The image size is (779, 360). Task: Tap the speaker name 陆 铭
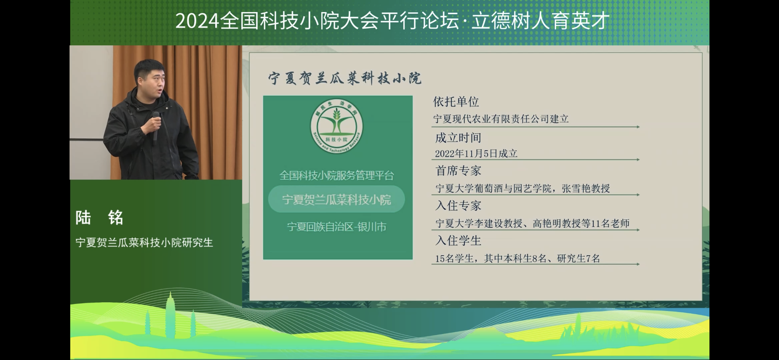click(99, 217)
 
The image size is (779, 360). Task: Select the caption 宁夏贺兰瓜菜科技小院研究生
click(144, 243)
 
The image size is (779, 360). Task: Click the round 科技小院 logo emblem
click(337, 126)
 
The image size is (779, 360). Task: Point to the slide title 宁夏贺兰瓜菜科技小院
click(345, 78)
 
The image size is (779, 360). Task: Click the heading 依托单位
click(456, 102)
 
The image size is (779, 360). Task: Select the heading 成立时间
click(458, 138)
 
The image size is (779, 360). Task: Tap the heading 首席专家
click(458, 171)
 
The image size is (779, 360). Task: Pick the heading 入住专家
click(458, 206)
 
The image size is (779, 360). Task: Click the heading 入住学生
click(458, 241)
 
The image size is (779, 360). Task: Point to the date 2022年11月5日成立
click(476, 154)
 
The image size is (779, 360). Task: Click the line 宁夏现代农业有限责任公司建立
click(501, 119)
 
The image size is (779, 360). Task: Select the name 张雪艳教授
click(586, 188)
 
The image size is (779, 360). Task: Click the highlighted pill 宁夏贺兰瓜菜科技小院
click(336, 199)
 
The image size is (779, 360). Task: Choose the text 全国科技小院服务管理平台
click(337, 175)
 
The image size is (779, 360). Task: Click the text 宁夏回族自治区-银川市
click(337, 227)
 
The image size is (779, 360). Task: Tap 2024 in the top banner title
click(197, 21)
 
